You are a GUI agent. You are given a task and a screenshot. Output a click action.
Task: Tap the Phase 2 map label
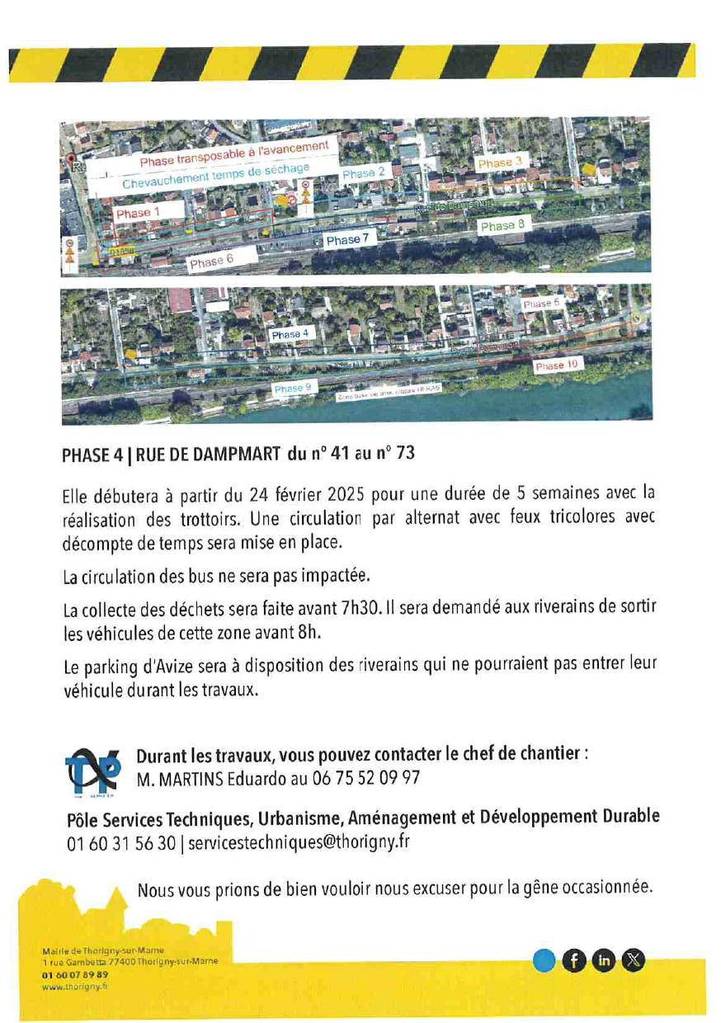[363, 173]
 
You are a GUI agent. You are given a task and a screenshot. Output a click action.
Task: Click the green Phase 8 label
[502, 225]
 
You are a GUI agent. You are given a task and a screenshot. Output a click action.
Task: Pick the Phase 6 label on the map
[211, 262]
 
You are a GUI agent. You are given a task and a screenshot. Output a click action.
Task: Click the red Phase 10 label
[556, 365]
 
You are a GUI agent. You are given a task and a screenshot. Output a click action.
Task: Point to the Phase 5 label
[540, 304]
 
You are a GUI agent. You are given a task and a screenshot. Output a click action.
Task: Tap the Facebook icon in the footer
[574, 959]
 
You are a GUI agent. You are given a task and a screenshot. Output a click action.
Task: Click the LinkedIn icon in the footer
[605, 959]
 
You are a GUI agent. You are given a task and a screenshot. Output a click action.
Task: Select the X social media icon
[634, 959]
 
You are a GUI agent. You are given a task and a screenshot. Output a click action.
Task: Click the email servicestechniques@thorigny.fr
[299, 842]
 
